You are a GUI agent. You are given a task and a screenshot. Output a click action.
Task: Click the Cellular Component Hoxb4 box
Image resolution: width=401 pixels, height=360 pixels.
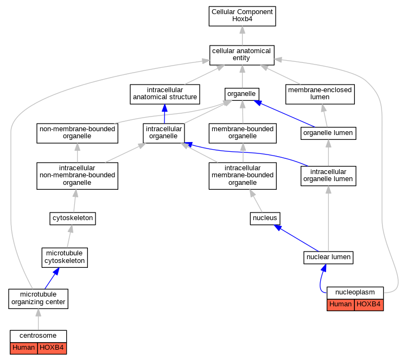tap(242, 16)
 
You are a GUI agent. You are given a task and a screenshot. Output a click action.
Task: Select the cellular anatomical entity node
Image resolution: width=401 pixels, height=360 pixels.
tap(241, 55)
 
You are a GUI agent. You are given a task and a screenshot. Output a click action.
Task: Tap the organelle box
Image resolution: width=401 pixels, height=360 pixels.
tap(241, 94)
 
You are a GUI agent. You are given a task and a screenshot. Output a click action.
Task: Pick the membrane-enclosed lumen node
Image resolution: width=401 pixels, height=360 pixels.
tap(320, 94)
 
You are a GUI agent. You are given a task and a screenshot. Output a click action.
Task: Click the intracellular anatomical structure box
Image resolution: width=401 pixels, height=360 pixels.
tap(165, 94)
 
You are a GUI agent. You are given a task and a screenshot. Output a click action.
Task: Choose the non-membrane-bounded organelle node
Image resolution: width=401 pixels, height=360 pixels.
tap(77, 133)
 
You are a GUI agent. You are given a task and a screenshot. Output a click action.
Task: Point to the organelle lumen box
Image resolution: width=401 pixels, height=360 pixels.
tap(328, 133)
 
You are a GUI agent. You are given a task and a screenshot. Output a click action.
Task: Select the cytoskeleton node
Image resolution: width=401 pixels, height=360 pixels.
tap(73, 218)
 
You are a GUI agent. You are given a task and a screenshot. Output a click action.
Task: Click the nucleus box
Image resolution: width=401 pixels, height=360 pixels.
tap(265, 218)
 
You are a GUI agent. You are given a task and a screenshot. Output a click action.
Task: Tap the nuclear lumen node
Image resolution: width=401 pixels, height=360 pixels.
tap(328, 258)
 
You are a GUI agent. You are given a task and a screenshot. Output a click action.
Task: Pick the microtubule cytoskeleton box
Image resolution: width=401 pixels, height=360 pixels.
tap(65, 258)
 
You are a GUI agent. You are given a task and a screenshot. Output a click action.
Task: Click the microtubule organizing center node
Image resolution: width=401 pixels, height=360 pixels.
tap(39, 299)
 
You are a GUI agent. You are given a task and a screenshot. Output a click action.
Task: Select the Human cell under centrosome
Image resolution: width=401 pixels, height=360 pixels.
tap(24, 348)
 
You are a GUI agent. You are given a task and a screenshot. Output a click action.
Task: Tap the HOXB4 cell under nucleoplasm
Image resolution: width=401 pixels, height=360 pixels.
tap(368, 305)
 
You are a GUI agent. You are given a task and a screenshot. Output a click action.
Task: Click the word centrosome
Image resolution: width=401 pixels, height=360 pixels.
tap(38, 336)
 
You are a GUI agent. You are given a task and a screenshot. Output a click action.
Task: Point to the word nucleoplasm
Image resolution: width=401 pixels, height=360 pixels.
tap(355, 292)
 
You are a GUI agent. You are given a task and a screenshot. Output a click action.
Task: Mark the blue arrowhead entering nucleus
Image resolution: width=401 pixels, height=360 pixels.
tap(278, 228)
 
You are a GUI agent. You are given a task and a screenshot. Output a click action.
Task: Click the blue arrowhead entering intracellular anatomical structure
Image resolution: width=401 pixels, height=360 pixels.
tap(165, 108)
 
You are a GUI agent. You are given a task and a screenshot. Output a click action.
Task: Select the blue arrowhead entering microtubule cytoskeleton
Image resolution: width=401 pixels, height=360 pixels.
tap(56, 271)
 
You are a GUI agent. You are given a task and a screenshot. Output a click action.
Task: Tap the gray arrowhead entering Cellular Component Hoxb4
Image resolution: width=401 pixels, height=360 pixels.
tap(242, 30)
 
